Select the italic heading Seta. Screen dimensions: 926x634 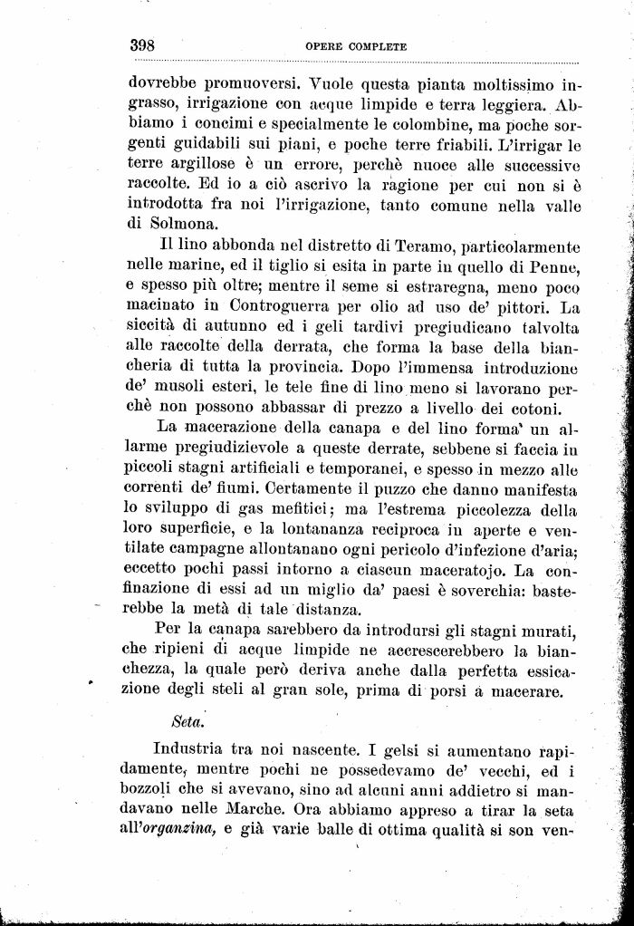click(x=185, y=722)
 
